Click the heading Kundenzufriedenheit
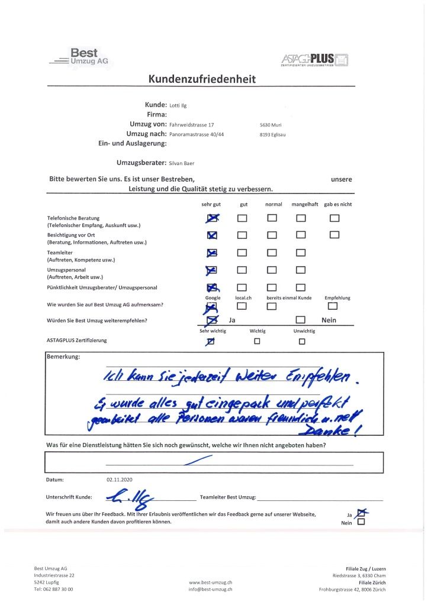[x=202, y=80]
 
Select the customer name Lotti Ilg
[x=178, y=105]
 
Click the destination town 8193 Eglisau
[x=272, y=134]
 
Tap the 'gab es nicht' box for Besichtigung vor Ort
[x=334, y=235]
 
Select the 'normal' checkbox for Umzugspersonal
[x=272, y=271]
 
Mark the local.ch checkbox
[x=242, y=306]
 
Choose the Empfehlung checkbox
[x=332, y=306]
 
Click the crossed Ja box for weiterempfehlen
[x=212, y=320]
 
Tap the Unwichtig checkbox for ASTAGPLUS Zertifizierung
[x=302, y=341]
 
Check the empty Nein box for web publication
[x=361, y=522]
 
